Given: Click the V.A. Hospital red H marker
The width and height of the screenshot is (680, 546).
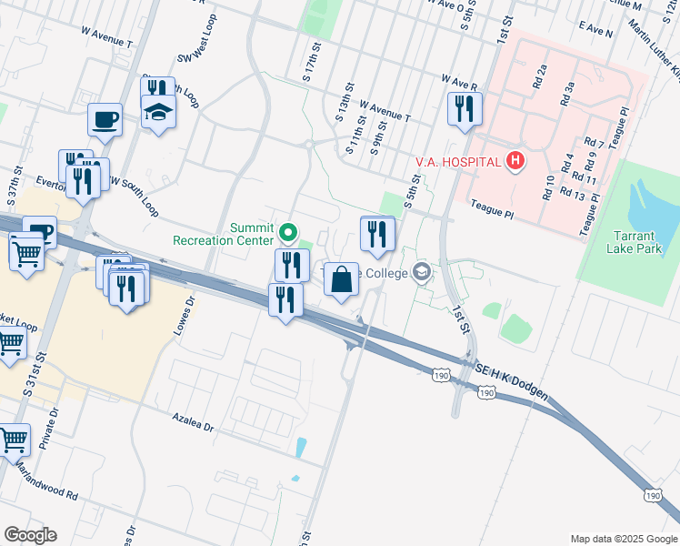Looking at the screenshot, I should (515, 161).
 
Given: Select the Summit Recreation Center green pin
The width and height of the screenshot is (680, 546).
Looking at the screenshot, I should (289, 233).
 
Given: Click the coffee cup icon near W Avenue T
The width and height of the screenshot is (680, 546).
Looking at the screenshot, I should (105, 118).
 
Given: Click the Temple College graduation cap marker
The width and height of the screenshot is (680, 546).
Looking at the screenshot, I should (422, 271).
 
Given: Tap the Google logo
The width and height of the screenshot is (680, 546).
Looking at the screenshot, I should (30, 535).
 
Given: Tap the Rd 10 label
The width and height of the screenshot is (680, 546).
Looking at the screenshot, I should (549, 186).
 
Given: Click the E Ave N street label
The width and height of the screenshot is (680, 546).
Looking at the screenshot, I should (596, 31).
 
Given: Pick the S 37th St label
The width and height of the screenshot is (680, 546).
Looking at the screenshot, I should (18, 183).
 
